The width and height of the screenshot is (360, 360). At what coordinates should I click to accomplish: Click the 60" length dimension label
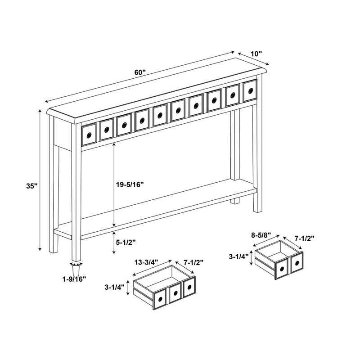[140, 72]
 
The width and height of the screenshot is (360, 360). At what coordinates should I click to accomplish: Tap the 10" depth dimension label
[256, 54]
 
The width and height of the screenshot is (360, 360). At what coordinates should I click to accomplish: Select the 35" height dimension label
[31, 185]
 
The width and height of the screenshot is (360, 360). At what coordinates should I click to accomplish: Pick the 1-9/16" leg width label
[74, 279]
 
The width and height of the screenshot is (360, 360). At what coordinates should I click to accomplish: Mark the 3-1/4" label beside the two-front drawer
[238, 257]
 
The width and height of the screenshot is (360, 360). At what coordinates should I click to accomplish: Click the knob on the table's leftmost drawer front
[89, 135]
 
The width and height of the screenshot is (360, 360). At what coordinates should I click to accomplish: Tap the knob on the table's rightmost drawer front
[250, 91]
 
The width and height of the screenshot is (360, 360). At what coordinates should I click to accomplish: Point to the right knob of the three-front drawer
[189, 287]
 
